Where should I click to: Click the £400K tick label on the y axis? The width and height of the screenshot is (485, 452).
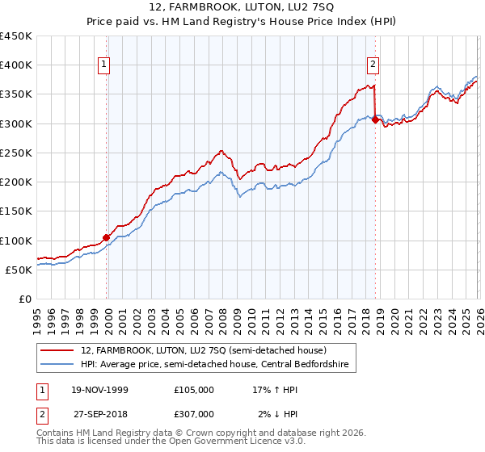click(x=16, y=65)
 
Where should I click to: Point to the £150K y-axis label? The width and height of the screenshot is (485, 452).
click(x=16, y=211)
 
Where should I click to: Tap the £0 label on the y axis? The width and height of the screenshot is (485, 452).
click(x=24, y=299)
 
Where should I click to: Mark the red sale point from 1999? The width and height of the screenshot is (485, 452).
click(x=107, y=237)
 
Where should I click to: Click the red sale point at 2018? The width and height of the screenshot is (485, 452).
click(x=375, y=120)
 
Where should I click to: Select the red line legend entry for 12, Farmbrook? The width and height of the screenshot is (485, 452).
click(x=203, y=350)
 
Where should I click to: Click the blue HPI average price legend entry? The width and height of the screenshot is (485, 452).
click(x=214, y=365)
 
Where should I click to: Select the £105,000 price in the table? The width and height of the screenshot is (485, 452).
click(x=194, y=390)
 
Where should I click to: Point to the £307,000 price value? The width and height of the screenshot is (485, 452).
click(x=194, y=413)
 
